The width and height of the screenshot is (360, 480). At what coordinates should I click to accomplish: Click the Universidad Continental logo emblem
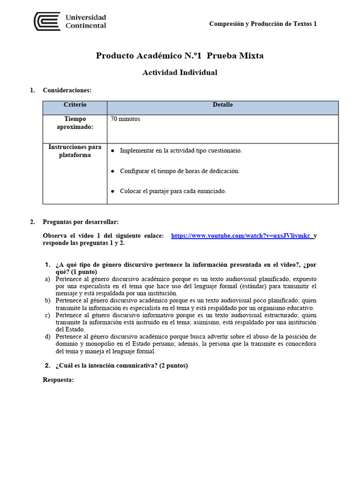[47, 22]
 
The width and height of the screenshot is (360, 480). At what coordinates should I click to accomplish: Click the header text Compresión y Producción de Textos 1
[262, 24]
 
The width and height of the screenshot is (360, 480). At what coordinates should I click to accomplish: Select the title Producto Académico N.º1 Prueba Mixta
[180, 56]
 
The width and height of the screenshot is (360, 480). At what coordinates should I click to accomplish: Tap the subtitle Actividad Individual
[180, 73]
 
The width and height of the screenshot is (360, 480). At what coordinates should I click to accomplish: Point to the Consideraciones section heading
[67, 90]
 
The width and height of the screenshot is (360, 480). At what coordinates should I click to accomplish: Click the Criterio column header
[75, 105]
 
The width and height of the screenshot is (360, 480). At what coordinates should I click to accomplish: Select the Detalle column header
[223, 105]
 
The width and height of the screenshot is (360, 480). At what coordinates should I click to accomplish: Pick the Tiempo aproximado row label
[75, 123]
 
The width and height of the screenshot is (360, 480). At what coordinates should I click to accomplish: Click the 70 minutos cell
[125, 119]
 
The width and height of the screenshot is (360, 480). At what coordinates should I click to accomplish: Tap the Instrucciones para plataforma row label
[75, 151]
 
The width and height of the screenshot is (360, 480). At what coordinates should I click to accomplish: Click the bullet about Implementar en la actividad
[181, 150]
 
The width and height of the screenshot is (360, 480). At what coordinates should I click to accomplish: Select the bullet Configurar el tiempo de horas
[180, 171]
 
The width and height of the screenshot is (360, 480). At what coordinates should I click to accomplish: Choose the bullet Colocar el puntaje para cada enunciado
[173, 191]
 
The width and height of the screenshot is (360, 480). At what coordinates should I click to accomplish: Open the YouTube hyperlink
[241, 236]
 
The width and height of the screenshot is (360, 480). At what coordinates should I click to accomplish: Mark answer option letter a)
[47, 279]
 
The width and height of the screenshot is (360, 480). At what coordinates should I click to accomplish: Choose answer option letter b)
[47, 300]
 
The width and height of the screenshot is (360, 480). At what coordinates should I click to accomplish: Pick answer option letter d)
[47, 337]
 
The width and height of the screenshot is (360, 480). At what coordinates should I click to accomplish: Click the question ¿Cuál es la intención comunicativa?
[121, 366]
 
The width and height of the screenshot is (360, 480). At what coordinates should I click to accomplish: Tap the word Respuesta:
[58, 380]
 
